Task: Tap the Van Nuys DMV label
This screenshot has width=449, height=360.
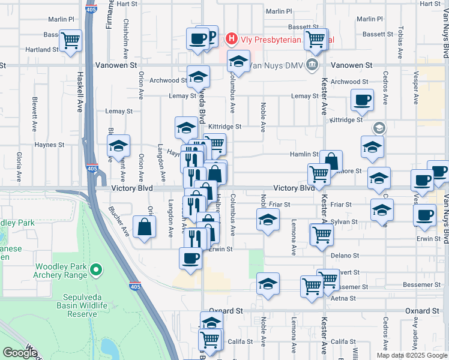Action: pos(277,65)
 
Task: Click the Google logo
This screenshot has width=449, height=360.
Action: pos(20,353)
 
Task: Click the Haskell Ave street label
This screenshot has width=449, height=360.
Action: pos(80,93)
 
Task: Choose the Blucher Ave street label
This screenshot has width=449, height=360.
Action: pos(119,221)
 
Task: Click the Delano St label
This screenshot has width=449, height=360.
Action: pos(344,255)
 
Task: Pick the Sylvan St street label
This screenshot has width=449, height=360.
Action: pos(345,221)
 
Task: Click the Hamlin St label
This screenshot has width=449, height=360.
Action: pos(305,154)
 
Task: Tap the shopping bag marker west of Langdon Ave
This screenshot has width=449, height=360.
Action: pos(145,226)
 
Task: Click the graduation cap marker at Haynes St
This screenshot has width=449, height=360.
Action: pos(118,146)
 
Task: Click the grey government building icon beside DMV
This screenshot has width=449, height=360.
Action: pos(312,65)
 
